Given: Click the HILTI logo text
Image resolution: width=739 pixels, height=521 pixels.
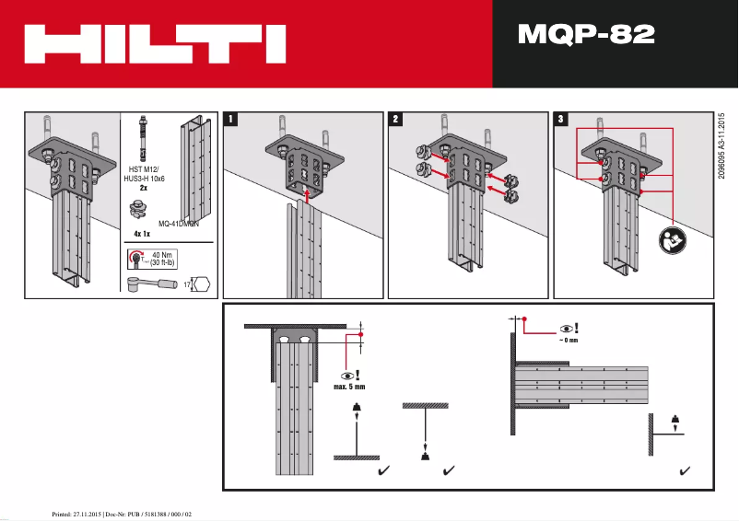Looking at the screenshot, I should (154, 43).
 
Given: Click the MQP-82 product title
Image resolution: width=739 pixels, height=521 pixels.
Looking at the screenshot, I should (586, 35).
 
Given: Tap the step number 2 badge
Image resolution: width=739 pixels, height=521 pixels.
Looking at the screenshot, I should (395, 120).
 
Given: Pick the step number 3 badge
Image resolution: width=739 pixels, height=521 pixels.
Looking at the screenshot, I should (560, 120).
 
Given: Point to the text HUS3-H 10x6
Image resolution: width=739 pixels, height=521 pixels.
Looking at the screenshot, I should (144, 178).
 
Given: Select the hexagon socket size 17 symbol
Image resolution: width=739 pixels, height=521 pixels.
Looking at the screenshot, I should (200, 284).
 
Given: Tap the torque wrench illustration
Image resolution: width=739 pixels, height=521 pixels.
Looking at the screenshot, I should (152, 283).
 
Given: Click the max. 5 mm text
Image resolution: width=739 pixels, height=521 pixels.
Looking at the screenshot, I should (349, 387).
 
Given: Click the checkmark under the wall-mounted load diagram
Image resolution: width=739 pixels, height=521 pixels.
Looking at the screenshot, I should (685, 470).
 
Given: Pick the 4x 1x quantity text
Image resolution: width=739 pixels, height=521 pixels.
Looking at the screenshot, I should (141, 234).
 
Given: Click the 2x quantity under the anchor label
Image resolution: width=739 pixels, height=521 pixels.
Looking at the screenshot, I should (143, 187).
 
